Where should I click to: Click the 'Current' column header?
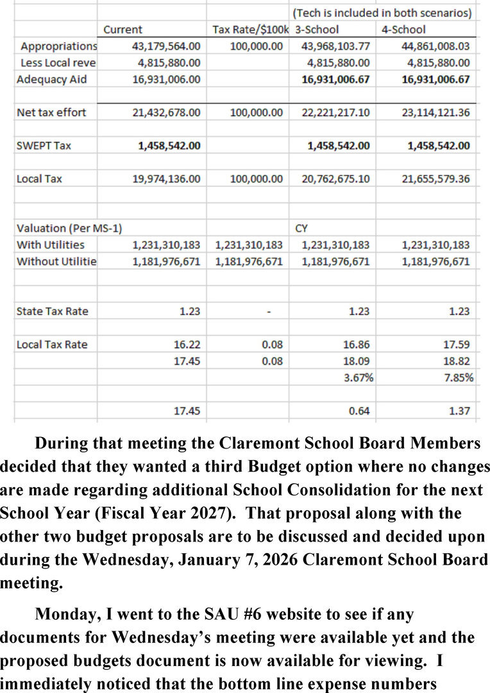[123, 30]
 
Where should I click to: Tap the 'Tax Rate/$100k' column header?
[251, 30]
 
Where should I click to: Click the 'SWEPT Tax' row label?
[44, 146]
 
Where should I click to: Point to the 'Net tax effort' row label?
[51, 112]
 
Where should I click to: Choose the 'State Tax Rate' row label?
[53, 311]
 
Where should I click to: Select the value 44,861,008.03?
[435, 46]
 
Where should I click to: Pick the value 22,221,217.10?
[335, 112]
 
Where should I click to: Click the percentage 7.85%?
[460, 377]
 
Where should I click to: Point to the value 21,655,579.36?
[435, 179]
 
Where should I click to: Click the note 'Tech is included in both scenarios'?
[382, 13]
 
